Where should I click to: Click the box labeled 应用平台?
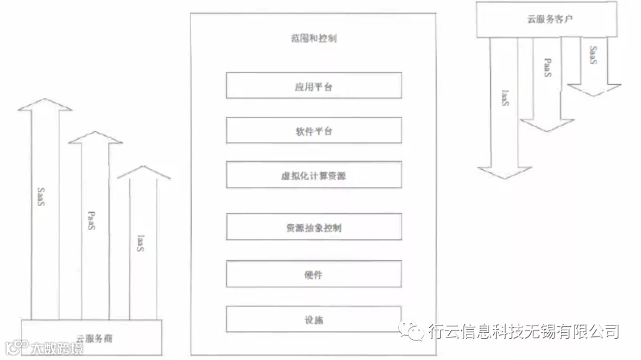tap(313, 85)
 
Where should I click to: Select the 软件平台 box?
tap(313, 130)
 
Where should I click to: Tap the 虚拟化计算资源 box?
tap(313, 175)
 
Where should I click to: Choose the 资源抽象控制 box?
tap(313, 227)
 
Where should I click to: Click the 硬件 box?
tap(313, 275)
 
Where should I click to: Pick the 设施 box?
tap(313, 320)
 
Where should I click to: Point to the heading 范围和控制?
tap(313, 39)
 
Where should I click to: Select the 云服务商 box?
tap(91, 338)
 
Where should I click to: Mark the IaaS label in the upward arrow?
tap(141, 244)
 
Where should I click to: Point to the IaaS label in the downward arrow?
tap(504, 98)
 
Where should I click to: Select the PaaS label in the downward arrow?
tap(548, 68)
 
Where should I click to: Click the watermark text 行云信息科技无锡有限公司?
tap(523, 331)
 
